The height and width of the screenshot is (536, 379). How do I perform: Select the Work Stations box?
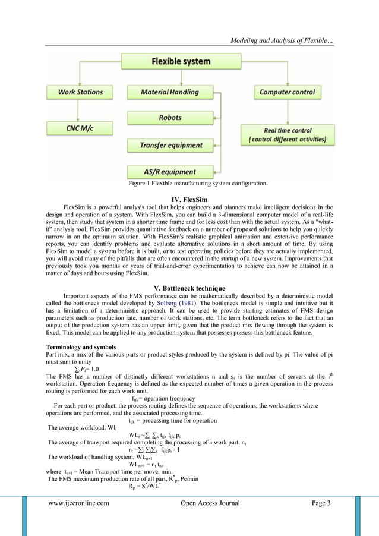pyautogui.click(x=80, y=92)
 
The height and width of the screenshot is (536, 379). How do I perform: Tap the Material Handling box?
pyautogui.click(x=169, y=92)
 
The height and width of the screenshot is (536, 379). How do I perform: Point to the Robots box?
pyautogui.click(x=169, y=118)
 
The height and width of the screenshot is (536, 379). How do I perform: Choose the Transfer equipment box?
pyautogui.click(x=169, y=144)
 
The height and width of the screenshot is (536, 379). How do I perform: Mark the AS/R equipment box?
pyautogui.click(x=169, y=170)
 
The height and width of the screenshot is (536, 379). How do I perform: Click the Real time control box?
pyautogui.click(x=288, y=135)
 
